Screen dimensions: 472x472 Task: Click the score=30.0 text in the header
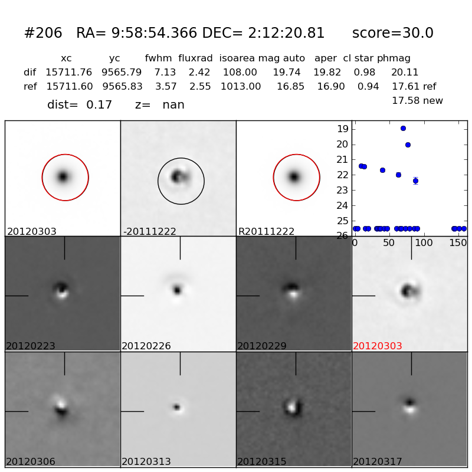coord(392,34)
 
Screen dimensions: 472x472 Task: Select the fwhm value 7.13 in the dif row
coord(165,73)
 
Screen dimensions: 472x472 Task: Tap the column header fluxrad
coord(195,58)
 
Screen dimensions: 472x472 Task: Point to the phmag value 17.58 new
coord(417,101)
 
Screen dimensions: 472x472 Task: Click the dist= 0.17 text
coord(80,105)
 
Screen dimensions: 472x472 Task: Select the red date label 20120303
coord(378,346)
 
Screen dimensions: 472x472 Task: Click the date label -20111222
coord(150,232)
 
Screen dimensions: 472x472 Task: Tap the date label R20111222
coord(266,232)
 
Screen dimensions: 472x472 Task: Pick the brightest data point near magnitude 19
coord(403,128)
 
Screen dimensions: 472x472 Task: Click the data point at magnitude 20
coord(408,145)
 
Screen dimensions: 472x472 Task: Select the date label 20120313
coord(146,462)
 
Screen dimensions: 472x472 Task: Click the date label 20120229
coord(262,346)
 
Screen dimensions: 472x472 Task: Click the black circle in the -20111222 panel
coord(158,181)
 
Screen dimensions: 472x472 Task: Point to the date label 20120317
coord(378,462)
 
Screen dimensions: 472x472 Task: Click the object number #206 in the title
coord(43,34)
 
